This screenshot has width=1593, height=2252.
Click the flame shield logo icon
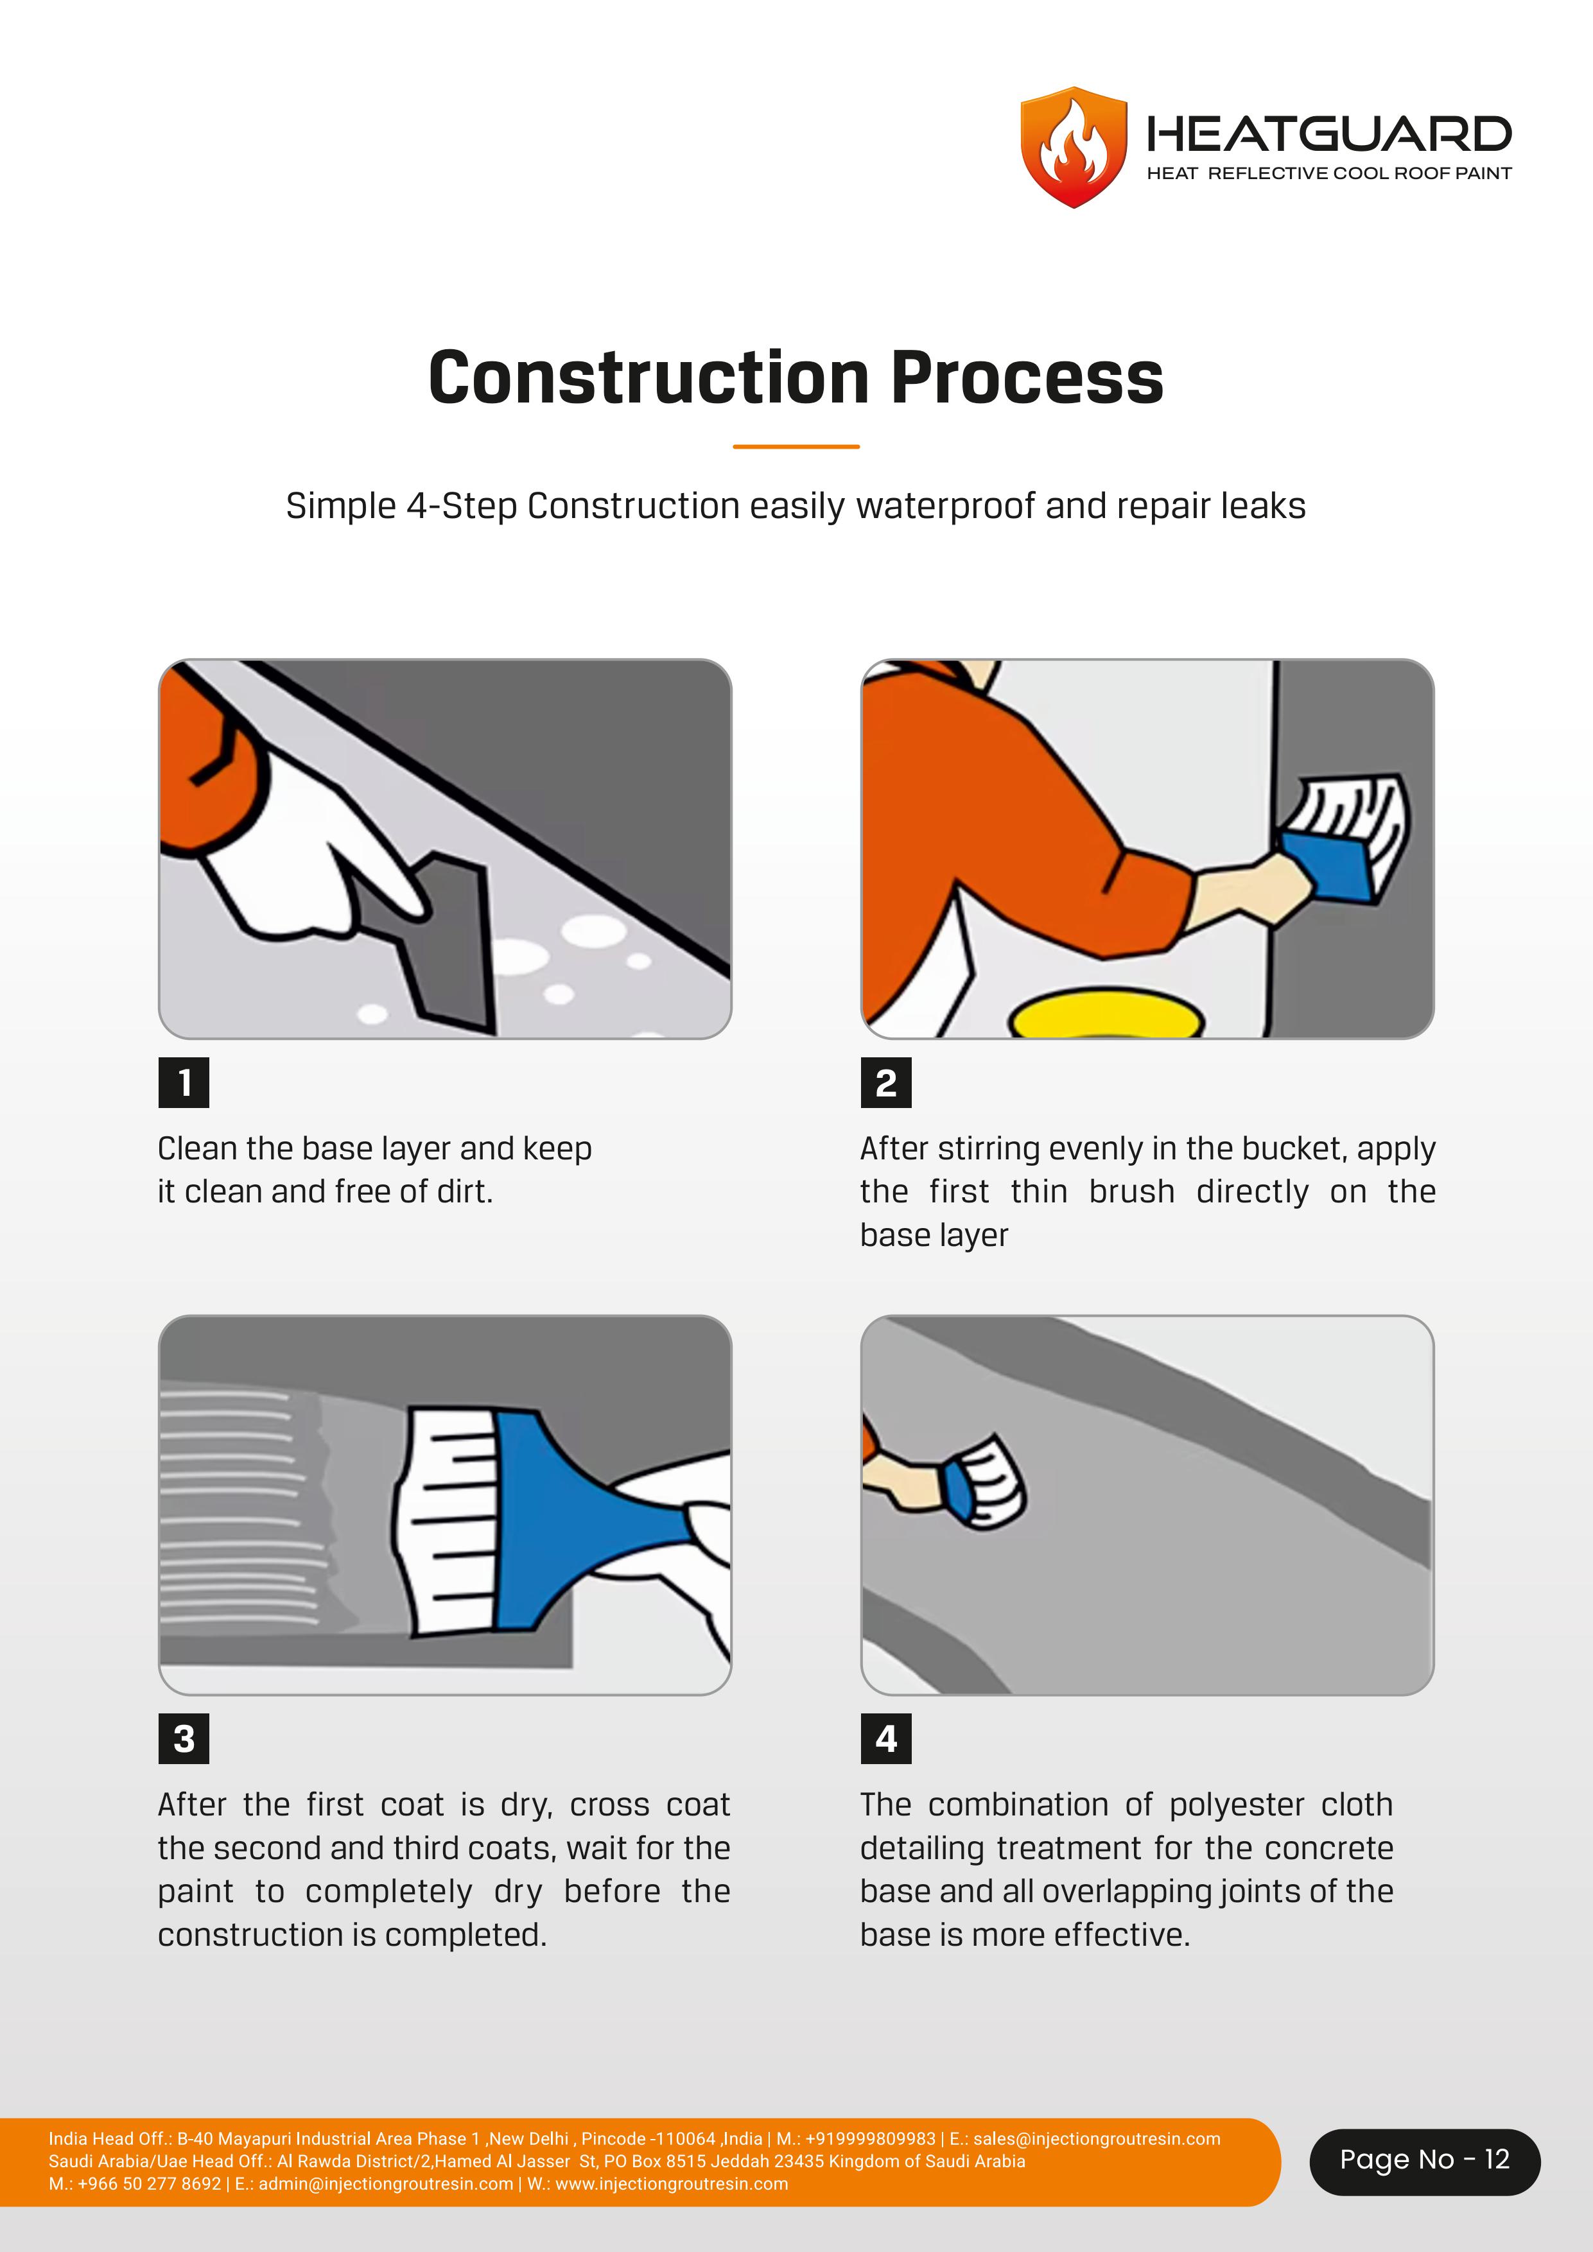1074,147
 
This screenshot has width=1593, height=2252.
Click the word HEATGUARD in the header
1329,134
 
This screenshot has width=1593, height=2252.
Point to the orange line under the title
796,446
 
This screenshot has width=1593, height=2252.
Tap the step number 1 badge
184,1083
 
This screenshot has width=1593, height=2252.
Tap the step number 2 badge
886,1083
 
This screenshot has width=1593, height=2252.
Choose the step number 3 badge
184,1739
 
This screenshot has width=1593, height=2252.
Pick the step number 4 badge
886,1739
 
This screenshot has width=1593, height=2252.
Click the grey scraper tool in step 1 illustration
431,942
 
